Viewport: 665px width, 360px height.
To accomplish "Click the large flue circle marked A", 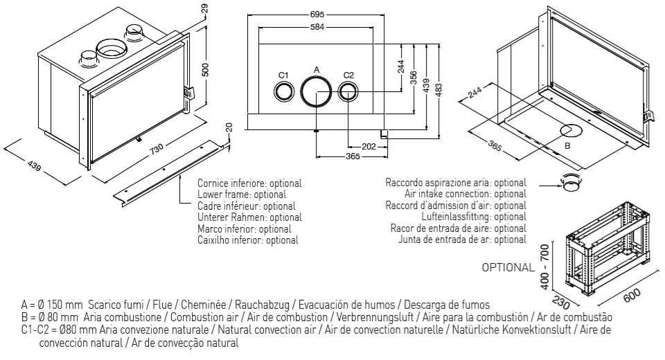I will (x=316, y=91).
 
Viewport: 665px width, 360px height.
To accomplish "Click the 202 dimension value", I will (x=369, y=146).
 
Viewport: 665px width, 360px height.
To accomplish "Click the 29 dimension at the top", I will (x=204, y=9).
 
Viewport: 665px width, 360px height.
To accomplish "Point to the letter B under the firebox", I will (x=567, y=146).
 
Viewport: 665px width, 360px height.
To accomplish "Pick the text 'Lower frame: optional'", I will (x=237, y=195).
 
